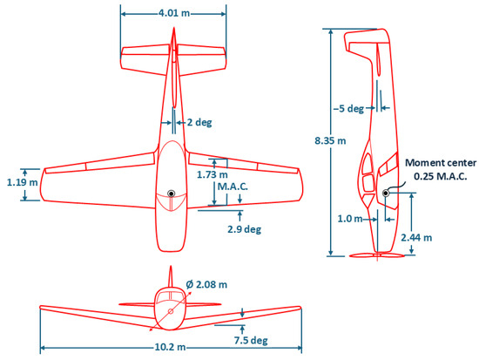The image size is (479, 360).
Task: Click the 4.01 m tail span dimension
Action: click(x=174, y=13)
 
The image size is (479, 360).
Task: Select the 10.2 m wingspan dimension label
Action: click(x=170, y=347)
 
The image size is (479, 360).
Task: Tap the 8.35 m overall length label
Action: click(x=330, y=141)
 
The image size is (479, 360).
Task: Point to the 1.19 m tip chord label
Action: click(x=23, y=182)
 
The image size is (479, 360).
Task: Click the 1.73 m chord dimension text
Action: click(x=213, y=174)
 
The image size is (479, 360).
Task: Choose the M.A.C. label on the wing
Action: click(x=233, y=187)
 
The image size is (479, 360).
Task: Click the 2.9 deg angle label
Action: click(x=245, y=229)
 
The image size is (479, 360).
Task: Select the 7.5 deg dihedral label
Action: click(x=251, y=341)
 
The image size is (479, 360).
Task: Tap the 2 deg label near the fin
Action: click(x=199, y=123)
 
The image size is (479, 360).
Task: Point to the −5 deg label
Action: click(x=348, y=109)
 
